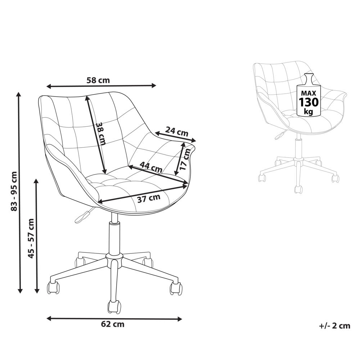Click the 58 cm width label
98,80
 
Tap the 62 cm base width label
113,324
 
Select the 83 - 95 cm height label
14,191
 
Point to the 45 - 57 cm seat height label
31,238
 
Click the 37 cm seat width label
149,197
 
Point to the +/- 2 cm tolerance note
334,326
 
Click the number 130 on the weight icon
309,102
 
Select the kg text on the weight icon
308,112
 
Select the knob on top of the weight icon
309,78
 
